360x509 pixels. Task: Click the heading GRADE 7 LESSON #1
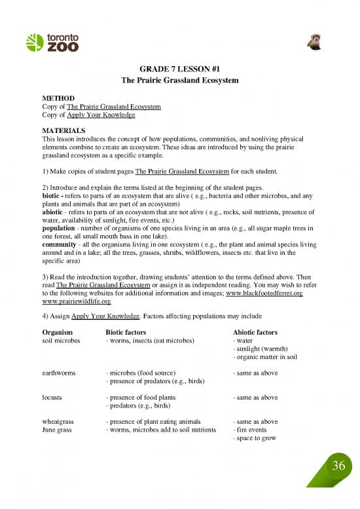click(179, 68)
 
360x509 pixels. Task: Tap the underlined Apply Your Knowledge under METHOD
click(101, 115)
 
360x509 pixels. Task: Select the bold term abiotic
click(54, 212)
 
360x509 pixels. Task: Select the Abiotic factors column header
click(251, 332)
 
